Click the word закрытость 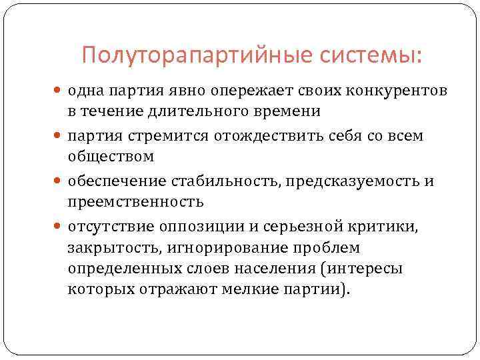coord(107,248)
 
